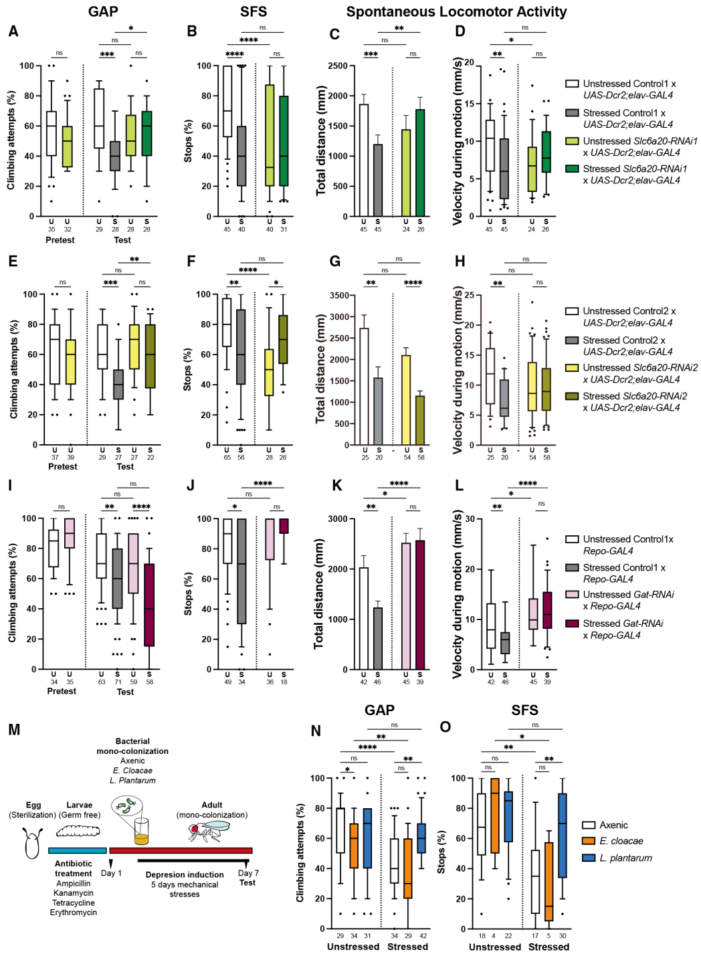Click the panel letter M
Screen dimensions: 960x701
pyautogui.click(x=14, y=729)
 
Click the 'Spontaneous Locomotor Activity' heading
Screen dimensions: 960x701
pyautogui.click(x=456, y=11)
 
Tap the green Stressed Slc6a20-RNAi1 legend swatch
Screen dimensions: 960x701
pyautogui.click(x=572, y=169)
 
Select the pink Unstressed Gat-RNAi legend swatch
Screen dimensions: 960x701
pyautogui.click(x=572, y=595)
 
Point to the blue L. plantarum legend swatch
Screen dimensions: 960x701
pyautogui.click(x=589, y=858)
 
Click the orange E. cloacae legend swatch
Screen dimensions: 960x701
pyautogui.click(x=589, y=841)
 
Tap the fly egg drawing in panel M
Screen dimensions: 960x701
pyautogui.click(x=32, y=842)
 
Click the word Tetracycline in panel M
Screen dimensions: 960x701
pyautogui.click(x=74, y=902)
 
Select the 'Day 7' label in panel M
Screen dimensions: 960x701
pyautogui.click(x=247, y=873)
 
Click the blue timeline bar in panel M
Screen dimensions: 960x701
pyautogui.click(x=78, y=850)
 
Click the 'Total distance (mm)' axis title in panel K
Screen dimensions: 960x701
pyautogui.click(x=319, y=593)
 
